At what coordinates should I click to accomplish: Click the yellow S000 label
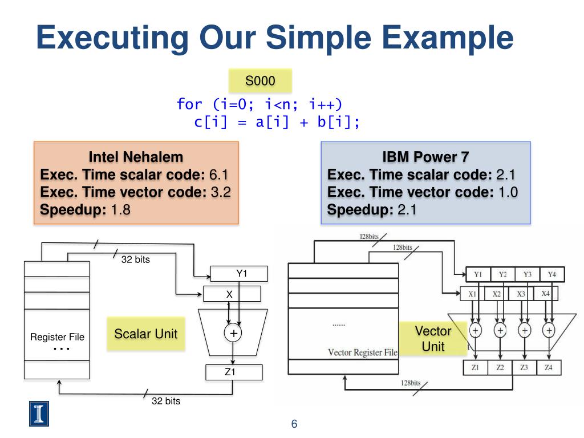(x=260, y=81)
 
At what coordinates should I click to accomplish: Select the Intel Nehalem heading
(x=136, y=157)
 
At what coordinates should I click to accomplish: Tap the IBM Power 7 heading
(x=425, y=157)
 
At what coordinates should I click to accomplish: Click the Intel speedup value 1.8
(x=120, y=210)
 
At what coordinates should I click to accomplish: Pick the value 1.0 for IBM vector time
(x=508, y=192)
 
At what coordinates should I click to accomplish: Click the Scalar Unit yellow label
(x=146, y=334)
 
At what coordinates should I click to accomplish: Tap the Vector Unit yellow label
(x=433, y=339)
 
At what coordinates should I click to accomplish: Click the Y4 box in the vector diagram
(x=551, y=274)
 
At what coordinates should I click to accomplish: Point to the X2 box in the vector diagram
(x=497, y=294)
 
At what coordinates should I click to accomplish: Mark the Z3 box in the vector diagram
(x=524, y=368)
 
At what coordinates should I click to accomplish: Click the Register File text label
(x=57, y=337)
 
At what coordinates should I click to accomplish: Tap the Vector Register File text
(x=363, y=352)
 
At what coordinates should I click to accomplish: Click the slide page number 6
(x=294, y=424)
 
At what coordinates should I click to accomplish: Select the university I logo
(x=39, y=413)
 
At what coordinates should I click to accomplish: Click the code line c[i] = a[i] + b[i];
(x=277, y=122)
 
